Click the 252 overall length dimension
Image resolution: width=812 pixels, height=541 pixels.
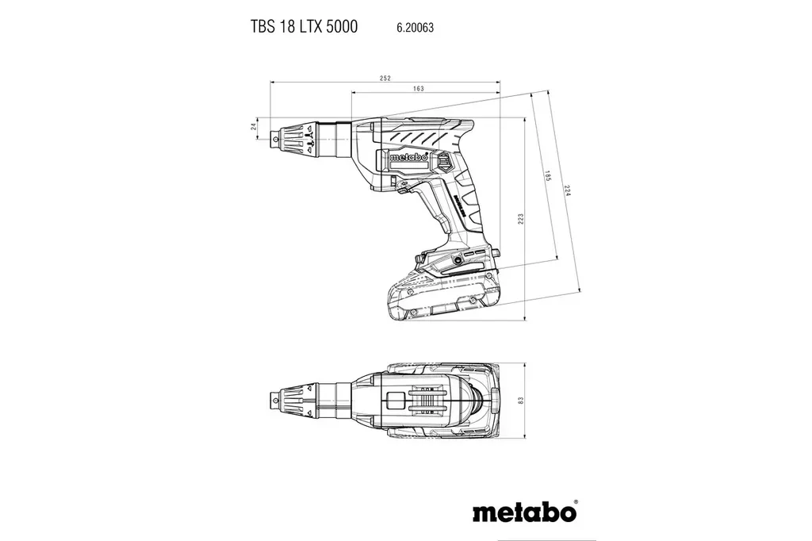(385, 78)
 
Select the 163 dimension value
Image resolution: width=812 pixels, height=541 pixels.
(417, 89)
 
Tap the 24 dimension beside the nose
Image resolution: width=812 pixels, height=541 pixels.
(254, 126)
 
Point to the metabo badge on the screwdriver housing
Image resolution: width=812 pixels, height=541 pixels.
(409, 157)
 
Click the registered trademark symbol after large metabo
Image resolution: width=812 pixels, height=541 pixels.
(575, 502)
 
